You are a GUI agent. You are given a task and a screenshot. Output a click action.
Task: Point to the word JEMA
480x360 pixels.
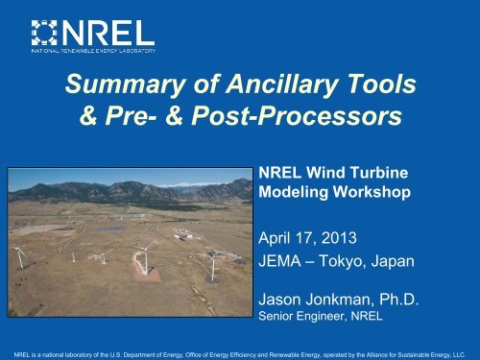286,252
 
